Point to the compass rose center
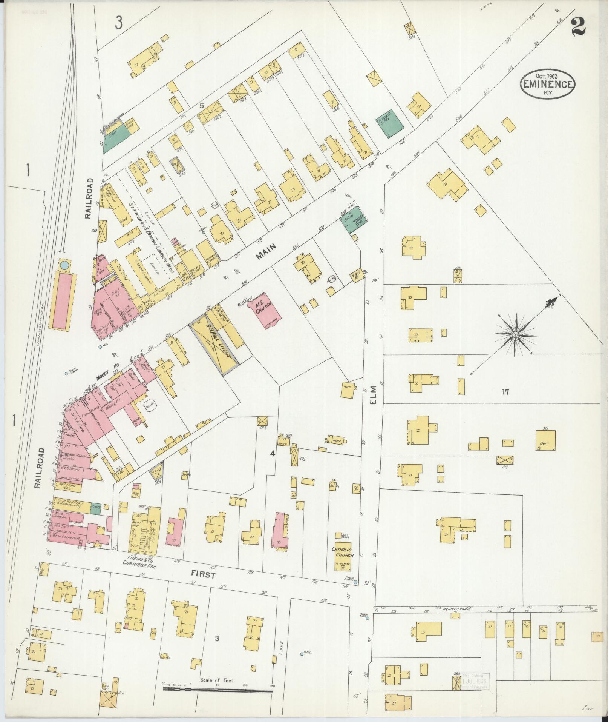tap(515, 334)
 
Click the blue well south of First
tap(302, 654)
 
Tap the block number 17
tap(505, 392)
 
